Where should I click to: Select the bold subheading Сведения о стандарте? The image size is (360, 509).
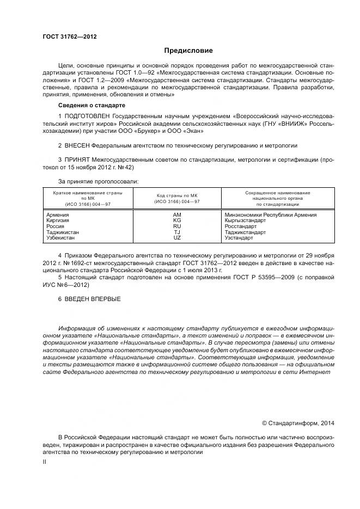[x=91, y=105]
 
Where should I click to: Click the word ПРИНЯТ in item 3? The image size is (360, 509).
[x=77, y=160]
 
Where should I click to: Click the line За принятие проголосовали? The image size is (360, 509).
[x=98, y=180]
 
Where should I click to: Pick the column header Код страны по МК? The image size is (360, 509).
[x=178, y=195]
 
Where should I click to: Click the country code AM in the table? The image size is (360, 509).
[x=177, y=215]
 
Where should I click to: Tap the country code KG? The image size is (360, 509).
[x=177, y=220]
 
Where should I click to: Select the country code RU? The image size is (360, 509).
[x=177, y=226]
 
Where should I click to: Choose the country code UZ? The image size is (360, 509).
[x=177, y=238]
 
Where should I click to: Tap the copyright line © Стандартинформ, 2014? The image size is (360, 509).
[x=298, y=422]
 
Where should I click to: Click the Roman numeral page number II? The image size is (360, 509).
[x=45, y=462]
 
